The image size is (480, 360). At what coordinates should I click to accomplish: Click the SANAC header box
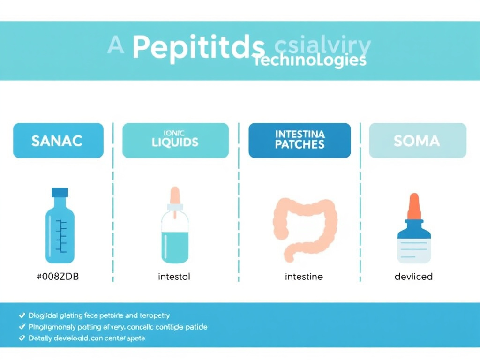click(x=58, y=140)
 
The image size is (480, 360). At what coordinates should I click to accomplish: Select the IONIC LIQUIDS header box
click(x=175, y=140)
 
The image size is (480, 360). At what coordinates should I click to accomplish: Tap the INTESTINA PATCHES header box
click(x=300, y=140)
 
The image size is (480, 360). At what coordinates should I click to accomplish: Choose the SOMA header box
click(x=418, y=140)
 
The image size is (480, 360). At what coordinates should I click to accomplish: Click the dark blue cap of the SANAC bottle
click(x=60, y=192)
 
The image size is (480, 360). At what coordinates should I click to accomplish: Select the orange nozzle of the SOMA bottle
click(x=413, y=206)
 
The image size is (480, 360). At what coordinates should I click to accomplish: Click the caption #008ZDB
click(x=58, y=277)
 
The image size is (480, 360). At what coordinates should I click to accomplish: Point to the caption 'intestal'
click(x=174, y=277)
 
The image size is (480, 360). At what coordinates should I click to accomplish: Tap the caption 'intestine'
click(x=304, y=277)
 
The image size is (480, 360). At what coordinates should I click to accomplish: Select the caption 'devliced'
click(x=413, y=277)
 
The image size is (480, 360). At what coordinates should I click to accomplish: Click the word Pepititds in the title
click(x=198, y=48)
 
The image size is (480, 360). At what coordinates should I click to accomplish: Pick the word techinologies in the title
click(x=309, y=61)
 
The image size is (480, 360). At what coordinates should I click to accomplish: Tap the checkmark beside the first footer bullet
click(x=22, y=315)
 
